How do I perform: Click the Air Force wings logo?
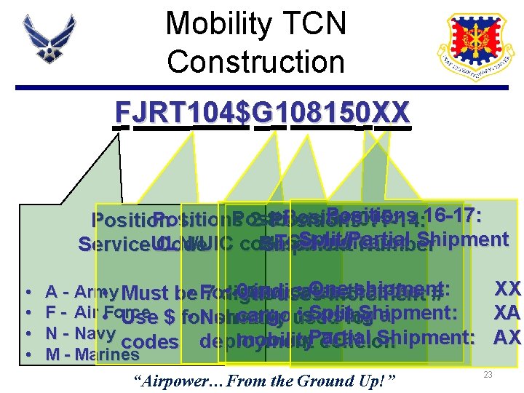(x=49, y=44)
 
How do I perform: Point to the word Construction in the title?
(x=256, y=61)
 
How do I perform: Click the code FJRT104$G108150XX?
(x=262, y=113)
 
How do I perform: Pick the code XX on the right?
(x=507, y=288)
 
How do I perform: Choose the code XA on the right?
(x=507, y=314)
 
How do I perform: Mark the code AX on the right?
(x=507, y=338)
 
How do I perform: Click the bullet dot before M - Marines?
(x=27, y=354)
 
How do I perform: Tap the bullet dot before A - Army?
(x=27, y=292)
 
